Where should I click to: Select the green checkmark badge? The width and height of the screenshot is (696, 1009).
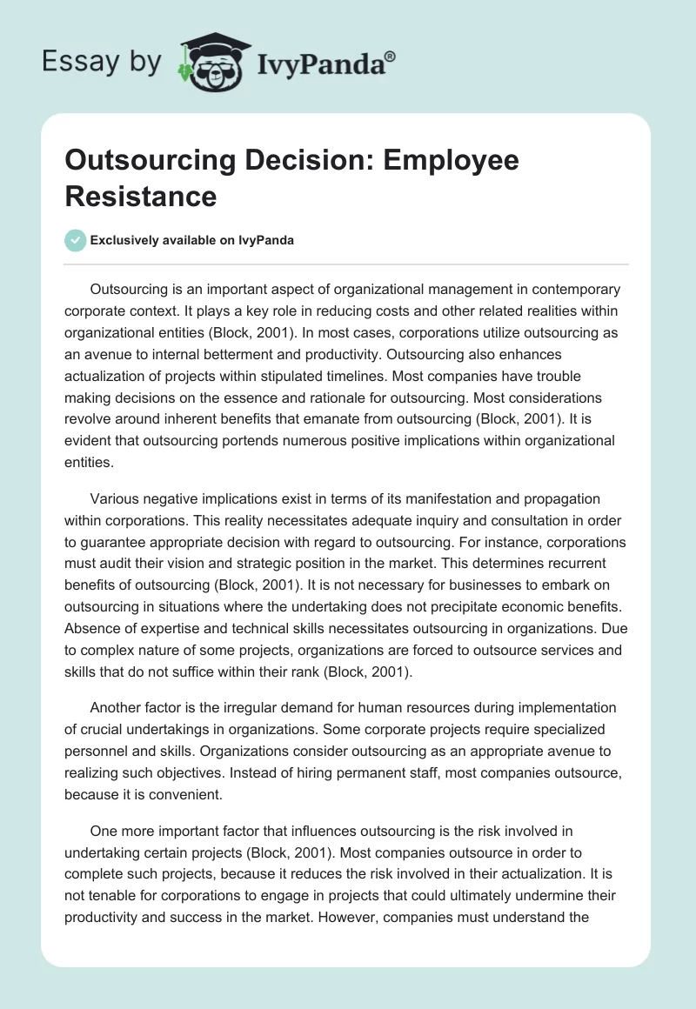[x=75, y=240]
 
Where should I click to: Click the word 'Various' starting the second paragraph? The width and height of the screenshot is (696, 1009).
[x=117, y=498]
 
